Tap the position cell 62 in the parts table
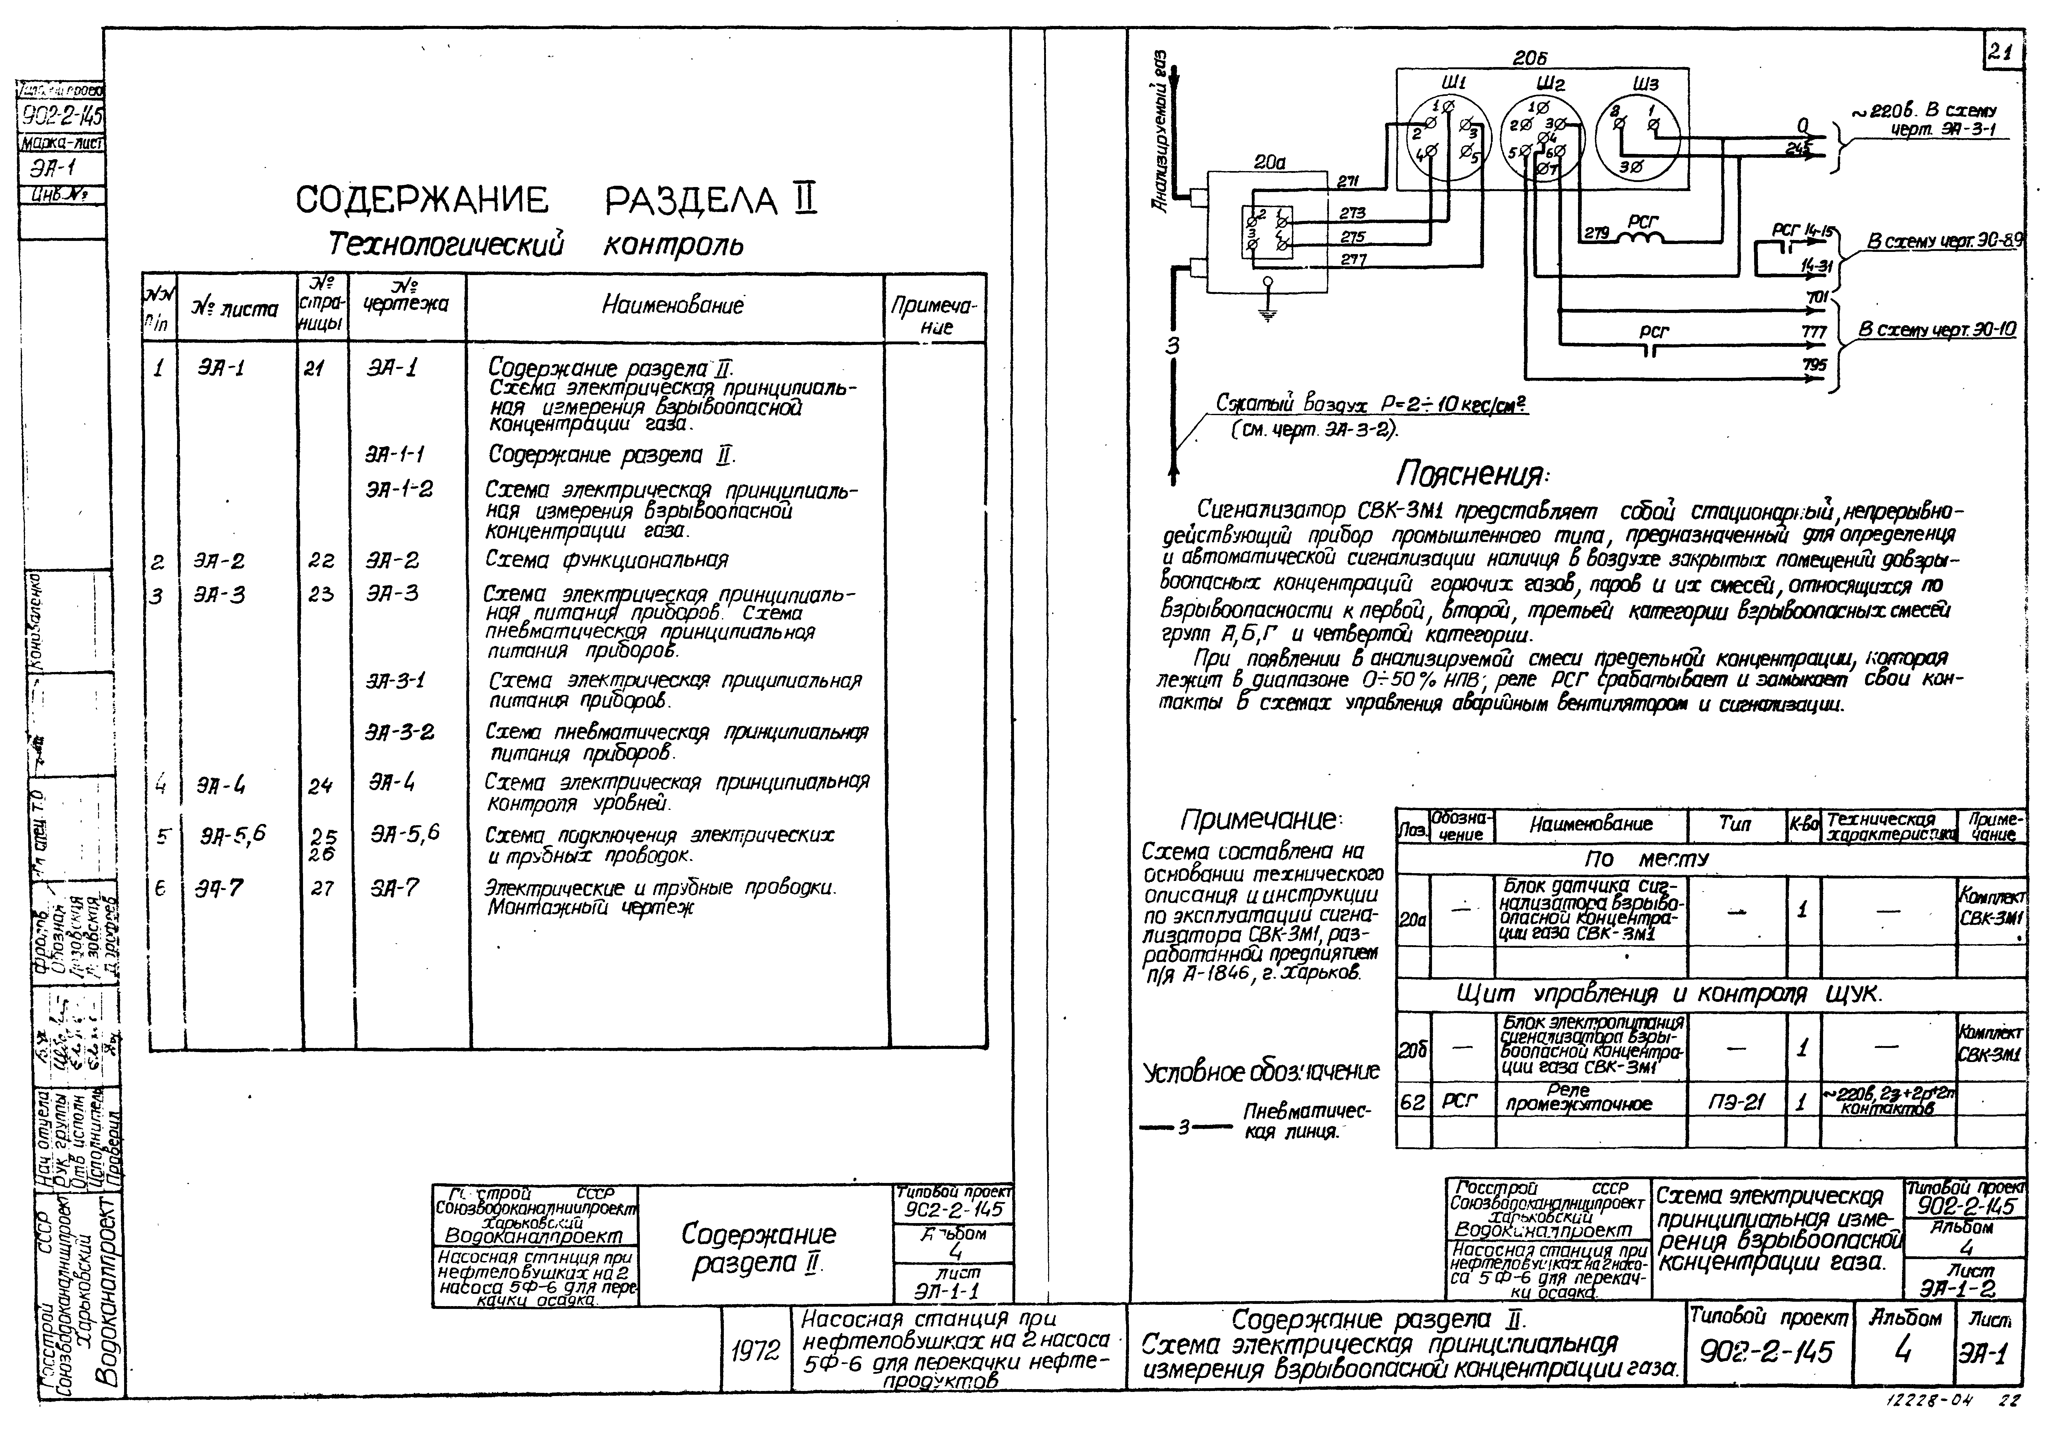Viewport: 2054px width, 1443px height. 1412,1101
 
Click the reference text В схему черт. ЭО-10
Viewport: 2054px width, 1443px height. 1937,329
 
